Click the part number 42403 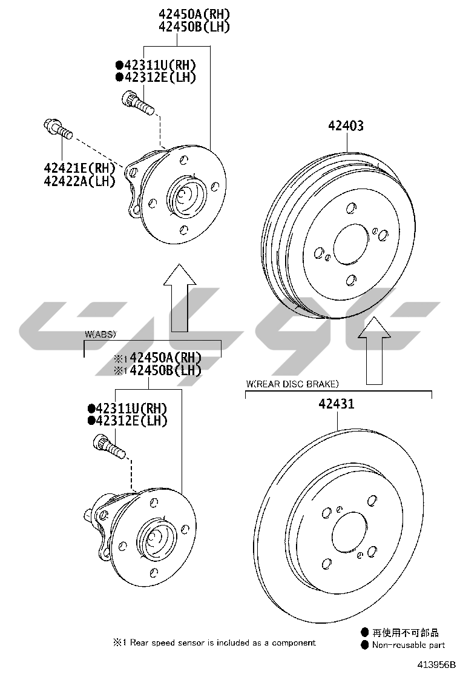click(x=346, y=125)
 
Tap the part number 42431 click(x=337, y=404)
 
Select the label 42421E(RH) click(x=80, y=168)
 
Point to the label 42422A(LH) click(x=80, y=181)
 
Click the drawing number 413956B click(x=433, y=664)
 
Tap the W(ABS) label click(x=100, y=334)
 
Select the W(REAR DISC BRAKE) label click(x=293, y=384)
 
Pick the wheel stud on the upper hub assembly click(x=138, y=102)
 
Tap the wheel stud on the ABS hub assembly click(x=109, y=447)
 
